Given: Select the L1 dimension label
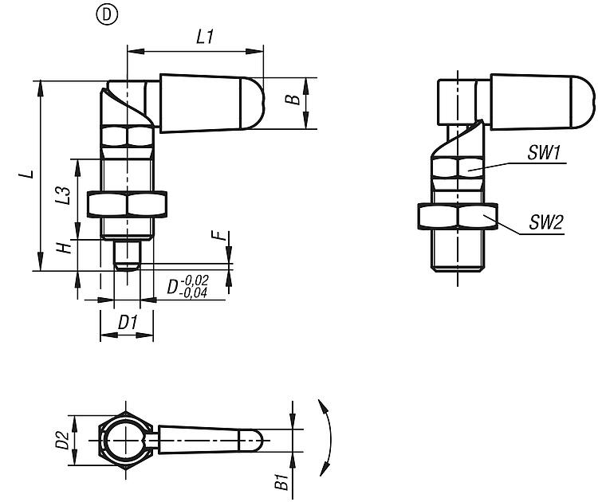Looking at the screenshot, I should [203, 37].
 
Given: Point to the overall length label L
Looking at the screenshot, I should [27, 175].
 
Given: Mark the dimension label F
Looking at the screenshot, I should [215, 237].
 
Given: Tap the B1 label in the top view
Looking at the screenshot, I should [281, 480].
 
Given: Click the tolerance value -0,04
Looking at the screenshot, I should [195, 293].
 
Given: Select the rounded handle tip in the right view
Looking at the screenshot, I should [583, 97].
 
